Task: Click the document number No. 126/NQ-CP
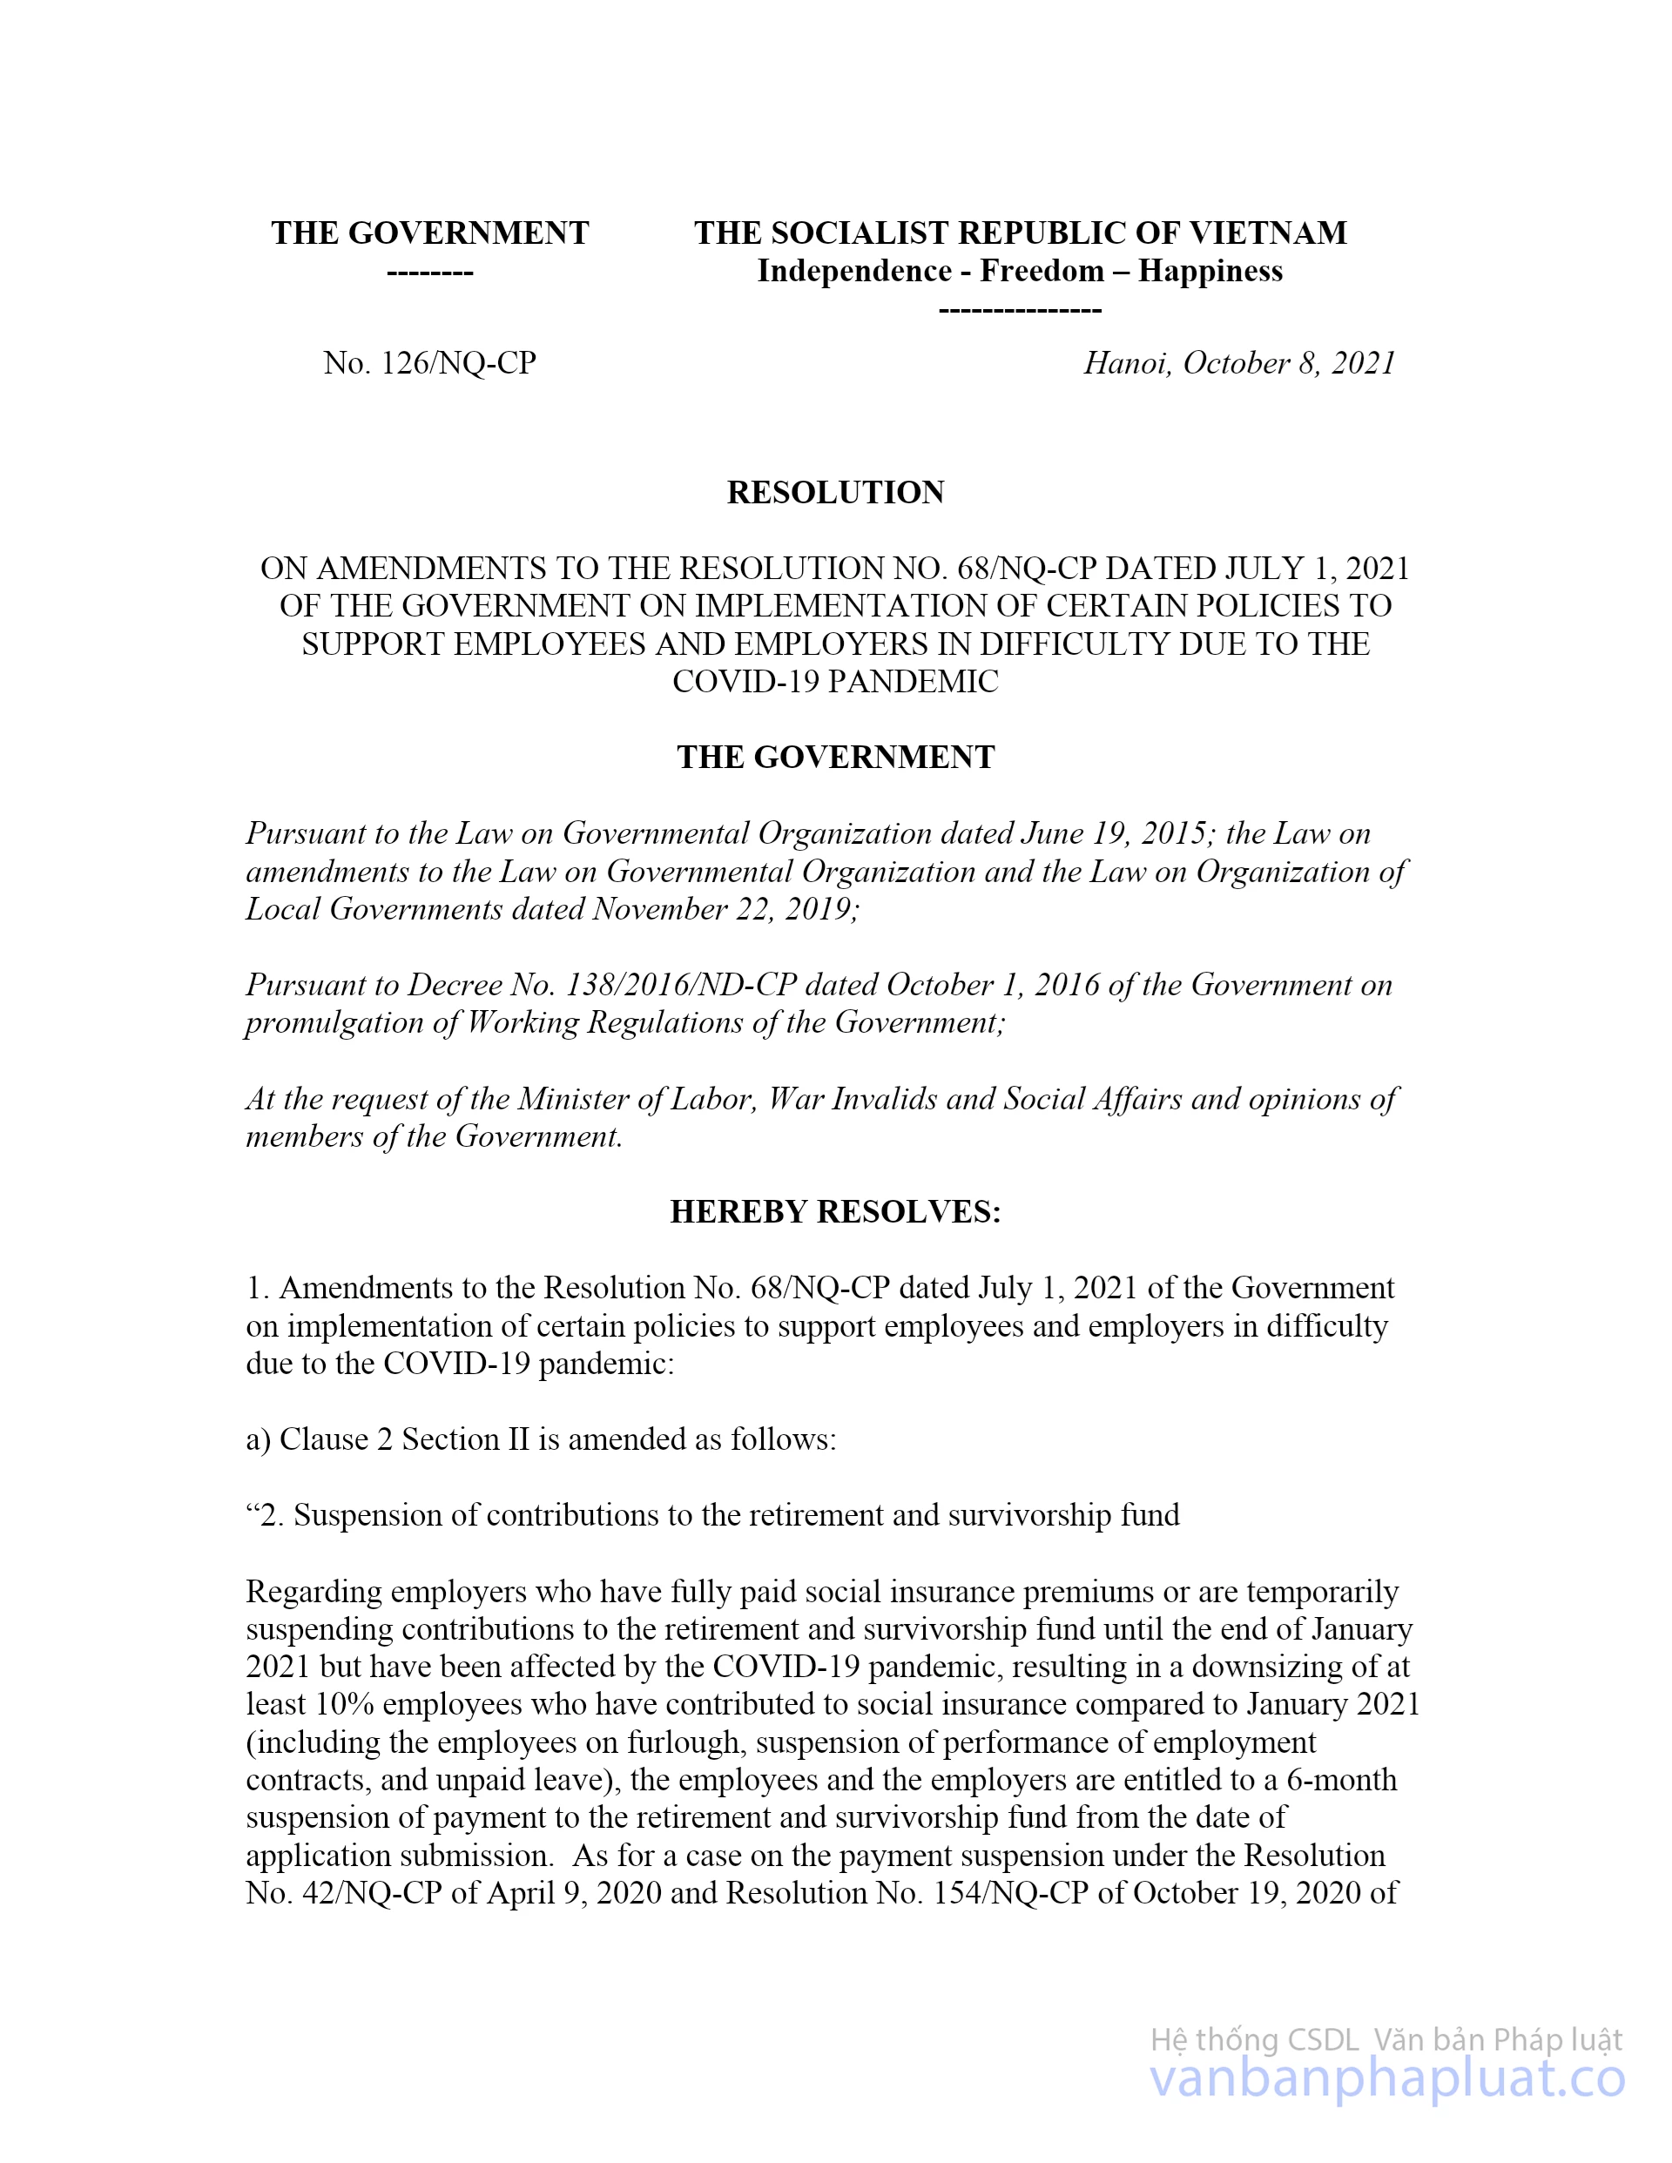pyautogui.click(x=429, y=363)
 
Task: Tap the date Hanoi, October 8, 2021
pyautogui.click(x=1239, y=363)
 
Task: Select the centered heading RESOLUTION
pyautogui.click(x=835, y=492)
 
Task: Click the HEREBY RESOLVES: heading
pyautogui.click(x=835, y=1211)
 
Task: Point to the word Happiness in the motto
pyautogui.click(x=1210, y=272)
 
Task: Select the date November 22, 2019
pyautogui.click(x=725, y=909)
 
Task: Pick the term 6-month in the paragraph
pyautogui.click(x=1341, y=1779)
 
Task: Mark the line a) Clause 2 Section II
pyautogui.click(x=541, y=1439)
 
